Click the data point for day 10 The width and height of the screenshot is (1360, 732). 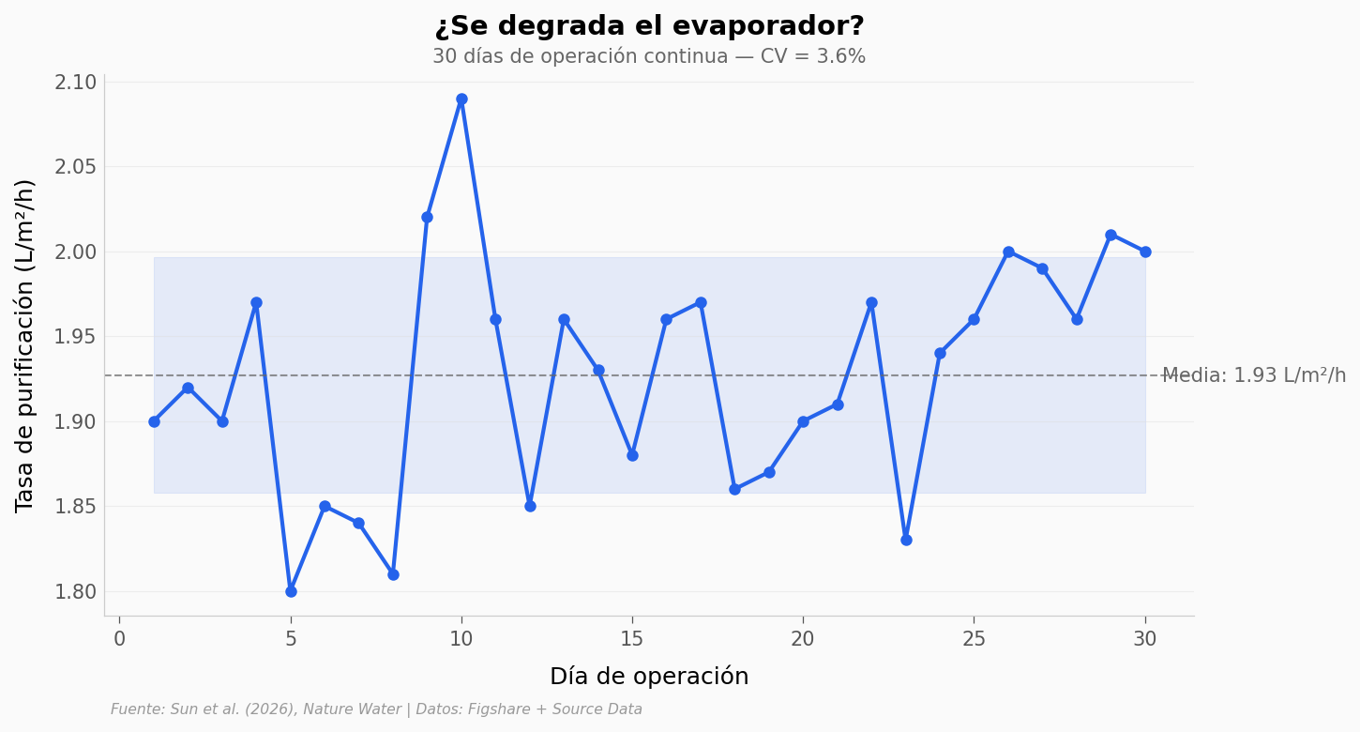[461, 99]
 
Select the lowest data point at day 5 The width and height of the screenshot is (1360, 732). [291, 591]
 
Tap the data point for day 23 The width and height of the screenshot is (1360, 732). [906, 540]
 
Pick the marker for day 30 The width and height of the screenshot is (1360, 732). [1145, 252]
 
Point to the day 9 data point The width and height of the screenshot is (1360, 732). [427, 217]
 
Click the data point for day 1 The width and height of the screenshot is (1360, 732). [154, 421]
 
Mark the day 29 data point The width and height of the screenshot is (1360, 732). [1111, 235]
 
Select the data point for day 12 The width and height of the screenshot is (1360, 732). [530, 506]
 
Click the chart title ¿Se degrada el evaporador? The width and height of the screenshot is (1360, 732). [649, 26]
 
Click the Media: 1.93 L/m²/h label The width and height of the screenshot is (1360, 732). [1254, 375]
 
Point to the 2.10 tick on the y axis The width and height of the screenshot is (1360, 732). [76, 83]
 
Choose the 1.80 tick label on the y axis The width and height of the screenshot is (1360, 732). [76, 592]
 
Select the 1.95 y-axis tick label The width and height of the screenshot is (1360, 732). [76, 337]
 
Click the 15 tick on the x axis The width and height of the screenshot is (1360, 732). [632, 639]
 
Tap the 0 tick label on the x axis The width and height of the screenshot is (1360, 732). [119, 639]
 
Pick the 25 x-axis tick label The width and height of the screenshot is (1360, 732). [974, 639]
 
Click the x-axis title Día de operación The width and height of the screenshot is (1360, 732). [649, 677]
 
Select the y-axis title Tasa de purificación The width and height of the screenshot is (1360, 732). [25, 345]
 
